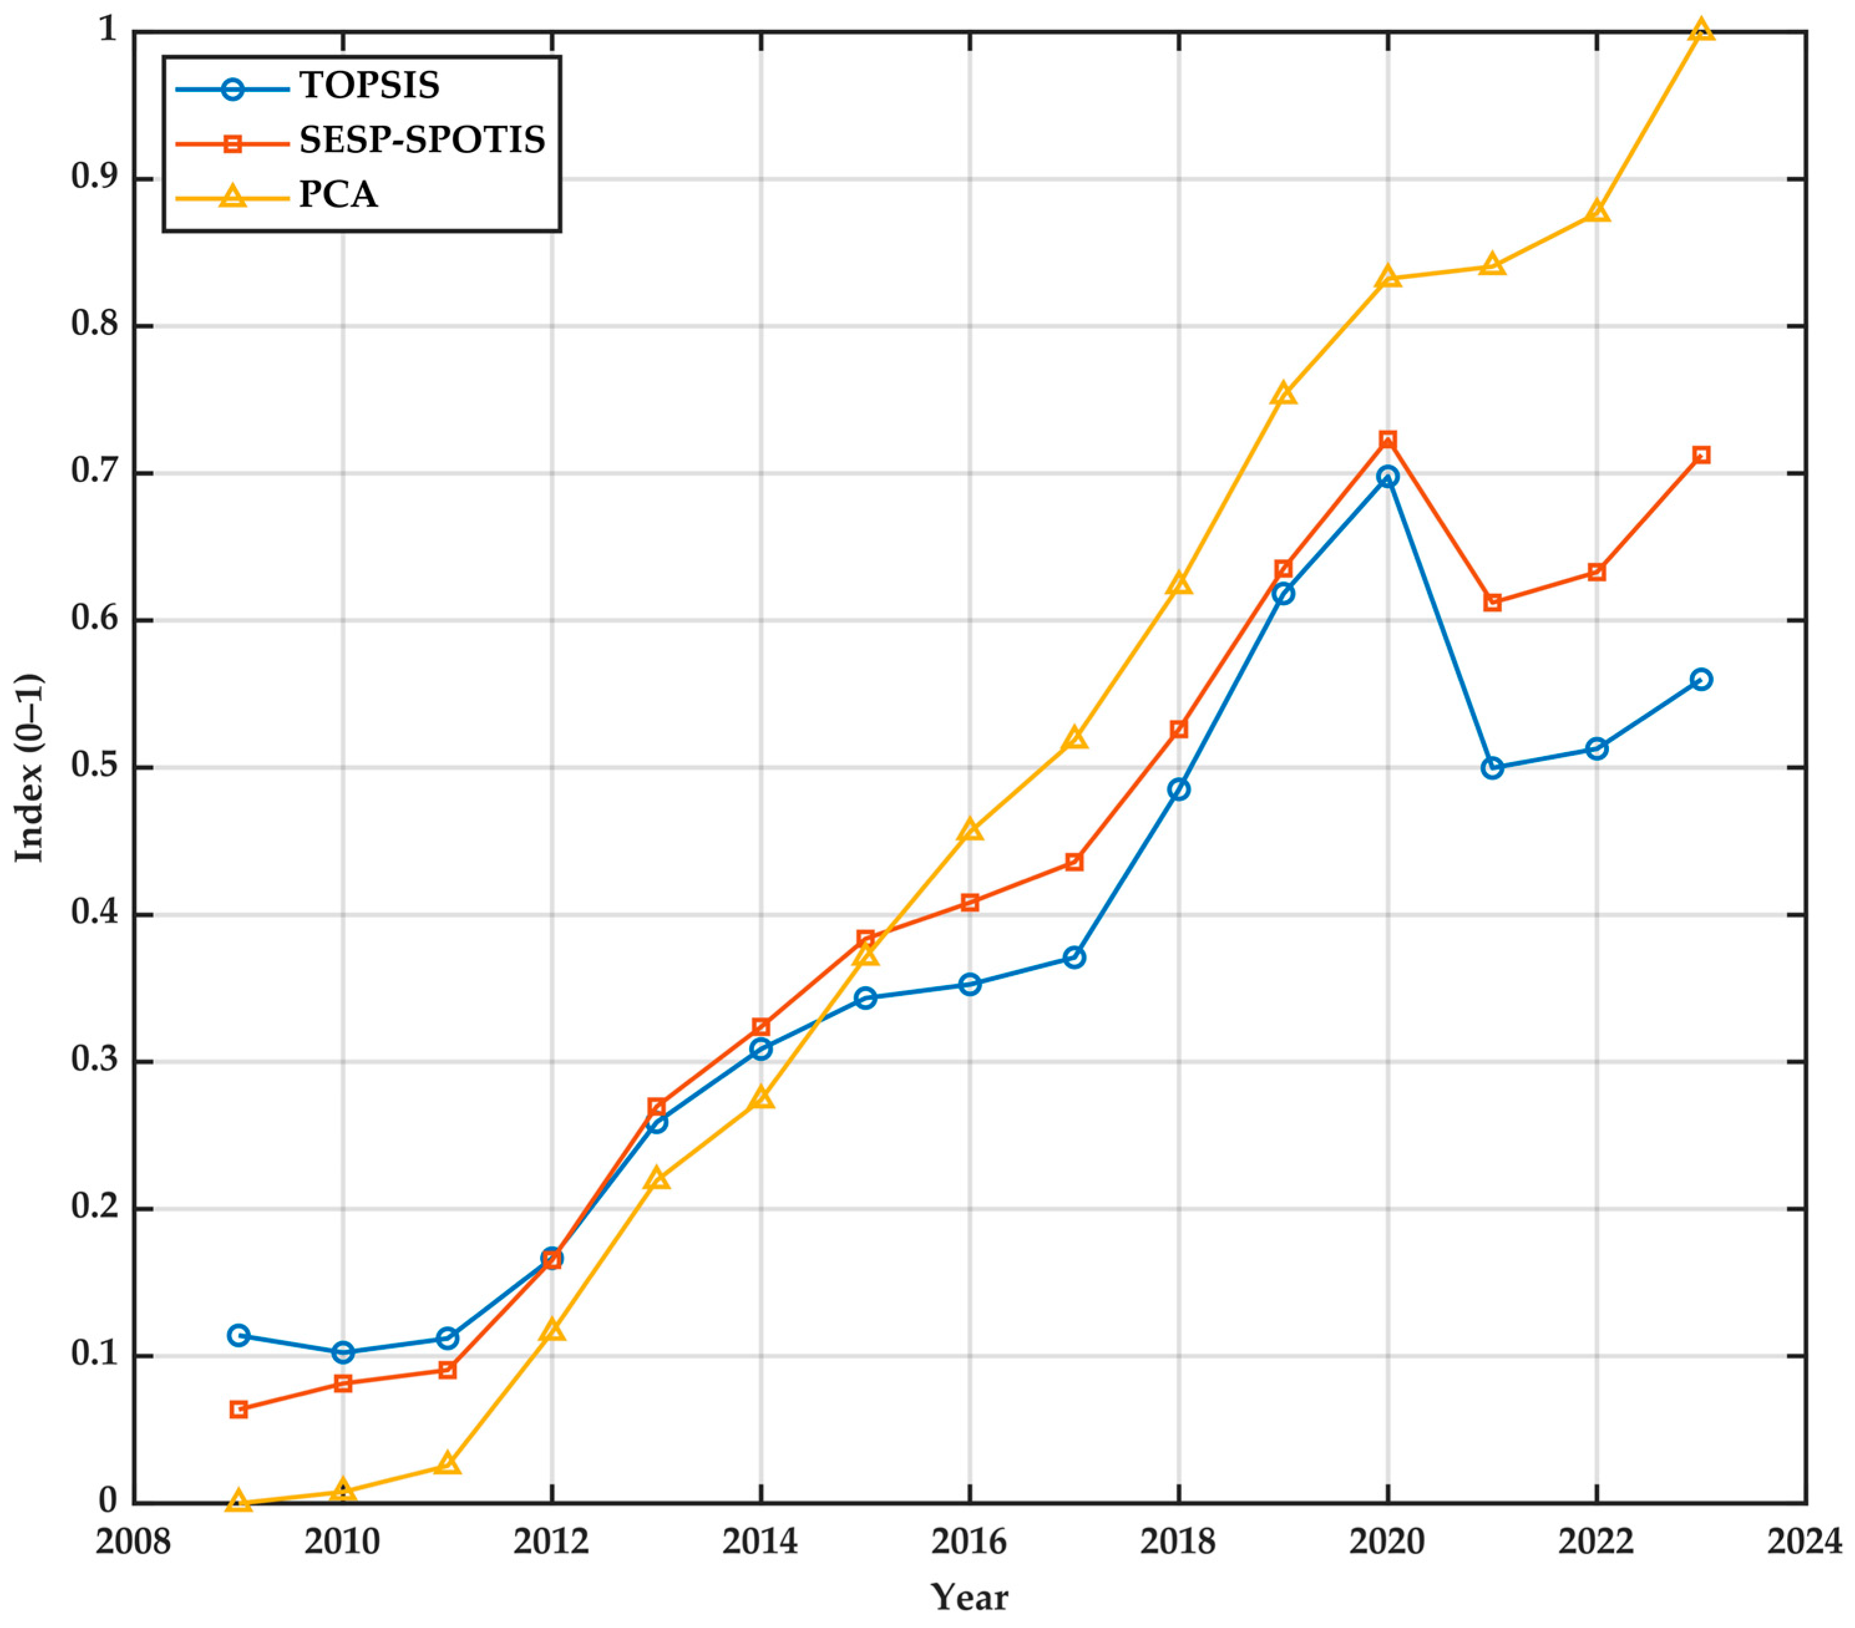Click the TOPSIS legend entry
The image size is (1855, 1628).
(x=369, y=86)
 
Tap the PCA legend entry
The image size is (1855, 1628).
(x=337, y=195)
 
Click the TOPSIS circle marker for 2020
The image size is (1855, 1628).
(x=1387, y=476)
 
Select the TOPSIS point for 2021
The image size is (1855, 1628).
(x=1492, y=768)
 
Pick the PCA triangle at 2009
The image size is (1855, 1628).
(x=238, y=1501)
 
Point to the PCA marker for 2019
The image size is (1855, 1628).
(x=1283, y=395)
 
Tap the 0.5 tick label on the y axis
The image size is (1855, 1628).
(x=95, y=768)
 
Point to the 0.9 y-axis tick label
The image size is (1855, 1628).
(x=95, y=179)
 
